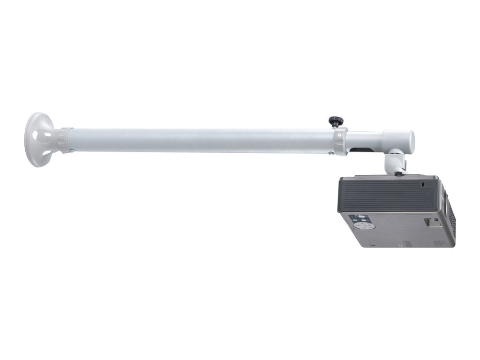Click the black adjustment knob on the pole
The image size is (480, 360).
[335, 121]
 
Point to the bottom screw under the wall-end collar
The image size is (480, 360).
[71, 151]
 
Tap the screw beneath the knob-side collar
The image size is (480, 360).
[332, 153]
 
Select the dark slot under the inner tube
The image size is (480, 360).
[362, 150]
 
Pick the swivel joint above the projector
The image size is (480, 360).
[394, 161]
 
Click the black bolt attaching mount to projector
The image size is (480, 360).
[398, 173]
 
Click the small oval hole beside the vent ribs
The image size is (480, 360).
[423, 185]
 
